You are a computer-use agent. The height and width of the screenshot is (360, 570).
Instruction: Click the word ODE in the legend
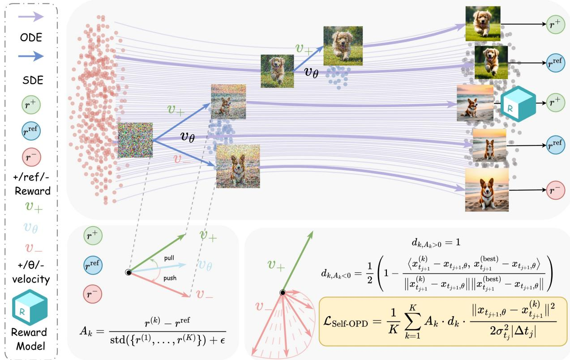pyautogui.click(x=31, y=38)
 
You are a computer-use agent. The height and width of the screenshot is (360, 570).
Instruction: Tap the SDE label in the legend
pyautogui.click(x=33, y=80)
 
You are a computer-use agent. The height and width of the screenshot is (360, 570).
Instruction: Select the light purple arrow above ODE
pyautogui.click(x=31, y=17)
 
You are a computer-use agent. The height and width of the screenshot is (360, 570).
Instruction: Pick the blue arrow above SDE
pyautogui.click(x=31, y=56)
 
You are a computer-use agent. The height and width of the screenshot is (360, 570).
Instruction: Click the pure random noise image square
pyautogui.click(x=135, y=140)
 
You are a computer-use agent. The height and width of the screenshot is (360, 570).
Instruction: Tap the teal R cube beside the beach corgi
pyautogui.click(x=518, y=103)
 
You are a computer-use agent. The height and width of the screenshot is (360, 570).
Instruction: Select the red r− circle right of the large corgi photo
pyautogui.click(x=556, y=190)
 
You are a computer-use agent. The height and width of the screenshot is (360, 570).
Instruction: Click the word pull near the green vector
pyautogui.click(x=169, y=258)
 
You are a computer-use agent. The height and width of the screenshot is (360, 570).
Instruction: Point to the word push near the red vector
pyautogui.click(x=170, y=278)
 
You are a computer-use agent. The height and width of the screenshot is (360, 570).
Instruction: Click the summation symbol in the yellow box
pyautogui.click(x=413, y=321)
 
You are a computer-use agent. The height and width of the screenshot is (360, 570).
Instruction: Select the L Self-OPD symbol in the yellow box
pyautogui.click(x=345, y=322)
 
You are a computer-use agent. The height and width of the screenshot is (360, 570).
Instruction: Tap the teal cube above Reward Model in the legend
pyautogui.click(x=30, y=307)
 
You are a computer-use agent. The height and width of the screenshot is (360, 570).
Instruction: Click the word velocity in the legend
pyautogui.click(x=31, y=279)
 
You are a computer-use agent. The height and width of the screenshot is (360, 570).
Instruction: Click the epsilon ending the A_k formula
pyautogui.click(x=223, y=340)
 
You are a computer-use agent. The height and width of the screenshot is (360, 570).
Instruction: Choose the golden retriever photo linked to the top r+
pyautogui.click(x=483, y=24)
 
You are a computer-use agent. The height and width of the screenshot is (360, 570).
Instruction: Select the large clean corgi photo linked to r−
pyautogui.click(x=487, y=190)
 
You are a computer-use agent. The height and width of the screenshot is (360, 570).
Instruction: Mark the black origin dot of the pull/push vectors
pyautogui.click(x=129, y=273)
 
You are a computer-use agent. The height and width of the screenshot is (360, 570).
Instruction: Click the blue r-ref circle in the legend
pyautogui.click(x=31, y=131)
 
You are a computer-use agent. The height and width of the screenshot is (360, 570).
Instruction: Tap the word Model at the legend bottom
pyautogui.click(x=30, y=346)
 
